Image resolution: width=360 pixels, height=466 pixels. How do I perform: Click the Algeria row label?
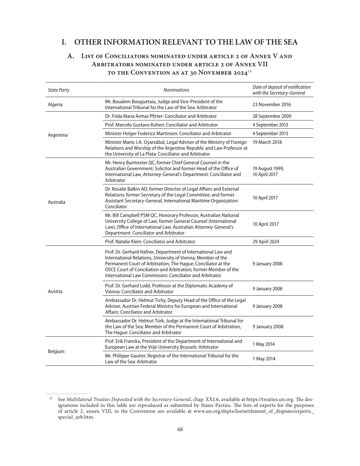pos(55,105)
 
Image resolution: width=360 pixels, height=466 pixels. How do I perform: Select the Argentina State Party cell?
pos(57,135)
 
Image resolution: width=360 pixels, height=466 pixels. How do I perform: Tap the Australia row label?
pos(56,202)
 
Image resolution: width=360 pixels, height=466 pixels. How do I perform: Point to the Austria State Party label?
pos(55,291)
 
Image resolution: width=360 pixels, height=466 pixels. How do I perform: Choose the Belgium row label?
pos(56,351)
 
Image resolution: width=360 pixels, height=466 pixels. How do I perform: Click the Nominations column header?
pos(176,90)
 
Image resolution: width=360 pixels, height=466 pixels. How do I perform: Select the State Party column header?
pos(58,90)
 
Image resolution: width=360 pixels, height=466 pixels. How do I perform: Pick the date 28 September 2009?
pos(271,116)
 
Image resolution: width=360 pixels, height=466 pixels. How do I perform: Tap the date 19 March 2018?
pos(267,142)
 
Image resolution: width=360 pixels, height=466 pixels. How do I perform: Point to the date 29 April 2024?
pos(265,241)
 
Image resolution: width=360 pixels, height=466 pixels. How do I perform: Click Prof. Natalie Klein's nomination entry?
pos(150,241)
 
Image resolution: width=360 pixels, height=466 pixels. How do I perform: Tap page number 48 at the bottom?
pos(180,429)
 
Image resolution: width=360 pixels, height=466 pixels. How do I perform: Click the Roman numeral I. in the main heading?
pos(64,42)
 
